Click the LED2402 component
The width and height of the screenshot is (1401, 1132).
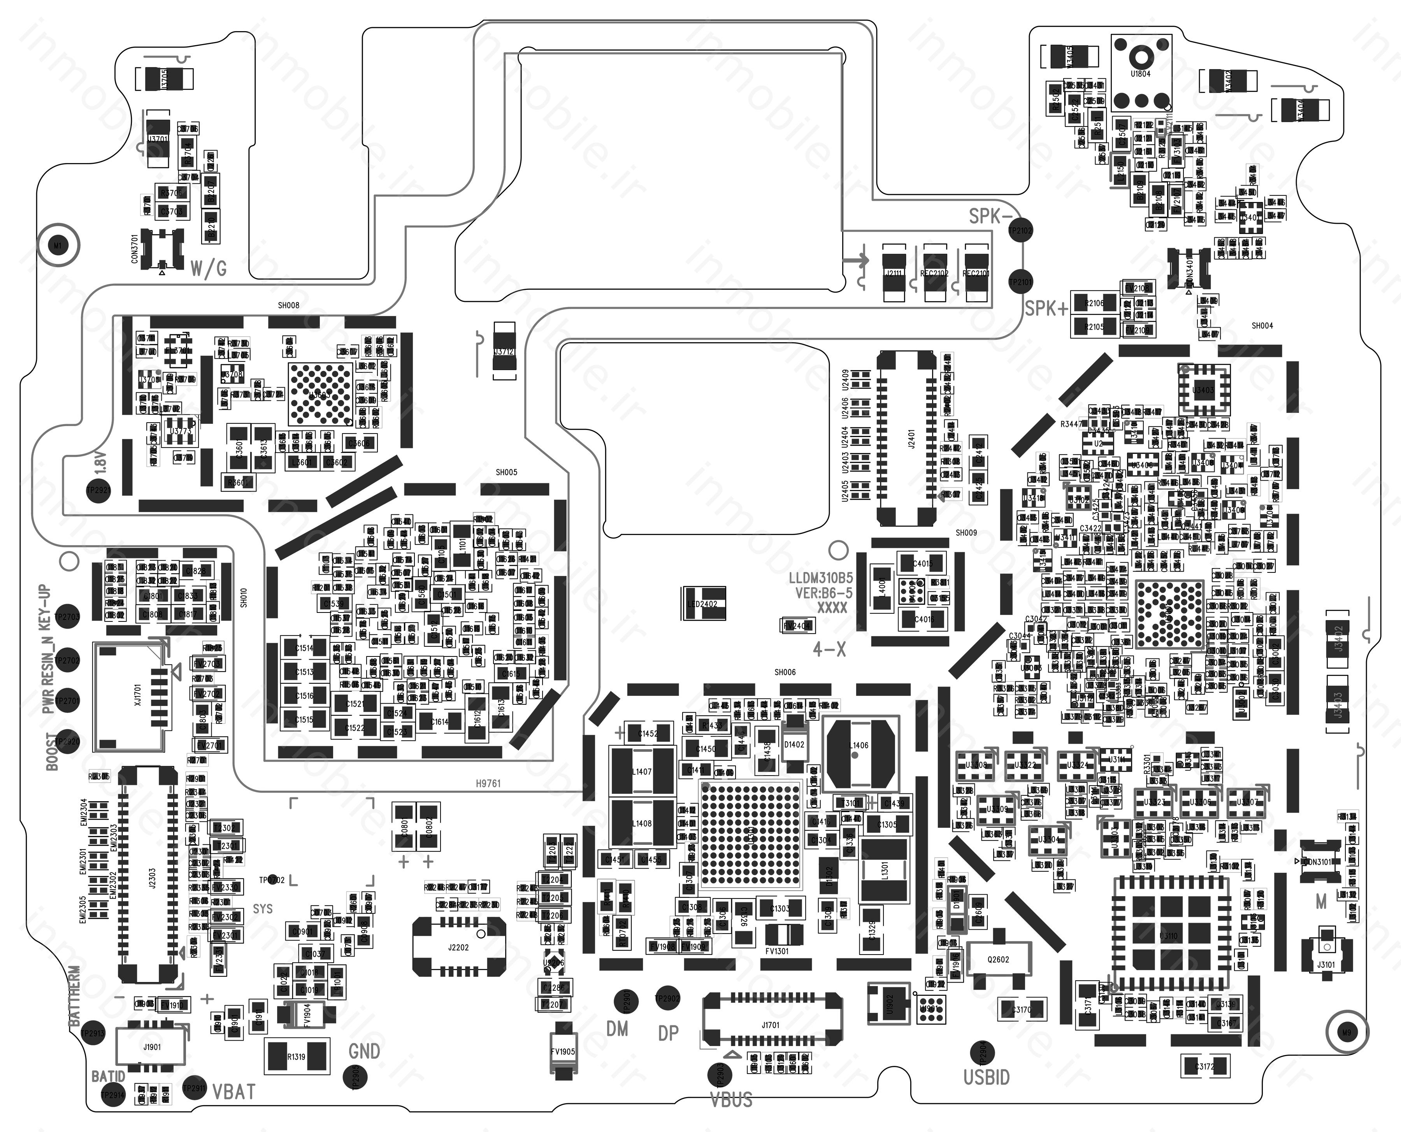tap(702, 604)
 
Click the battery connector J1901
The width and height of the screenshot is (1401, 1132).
tap(151, 1047)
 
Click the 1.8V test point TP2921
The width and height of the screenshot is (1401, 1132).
tap(98, 490)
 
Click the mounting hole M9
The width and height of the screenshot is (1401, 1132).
tap(1346, 1032)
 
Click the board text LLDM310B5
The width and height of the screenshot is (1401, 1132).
tap(820, 578)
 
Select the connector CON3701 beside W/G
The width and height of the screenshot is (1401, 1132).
tap(162, 248)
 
